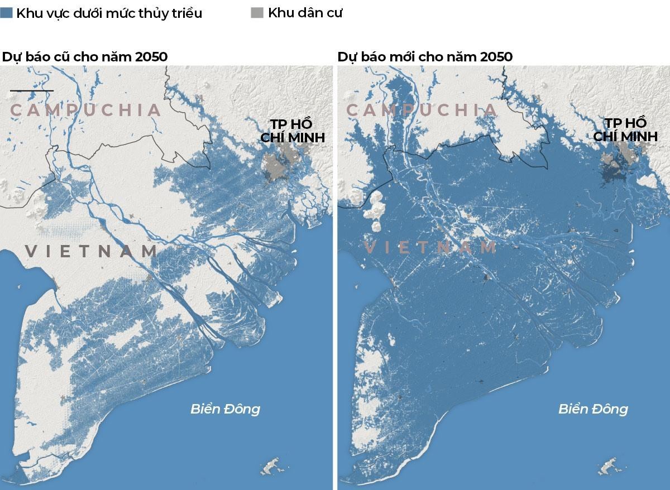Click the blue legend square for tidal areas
click(7, 13)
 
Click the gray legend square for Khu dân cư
click(257, 13)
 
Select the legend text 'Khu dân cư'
click(305, 13)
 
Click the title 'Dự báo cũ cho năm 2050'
click(85, 57)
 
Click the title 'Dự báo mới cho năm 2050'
click(425, 57)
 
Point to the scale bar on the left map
click(32, 90)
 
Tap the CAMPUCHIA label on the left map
click(86, 110)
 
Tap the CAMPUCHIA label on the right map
click(422, 110)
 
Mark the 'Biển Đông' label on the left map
click(225, 409)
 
